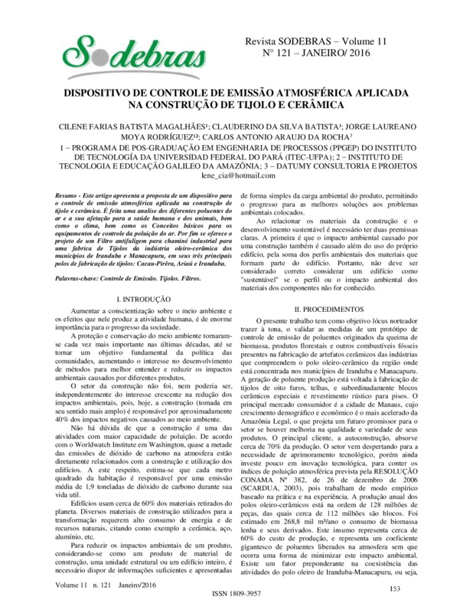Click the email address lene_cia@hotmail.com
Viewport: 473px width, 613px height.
[240, 175]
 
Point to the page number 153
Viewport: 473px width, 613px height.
[396, 588]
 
